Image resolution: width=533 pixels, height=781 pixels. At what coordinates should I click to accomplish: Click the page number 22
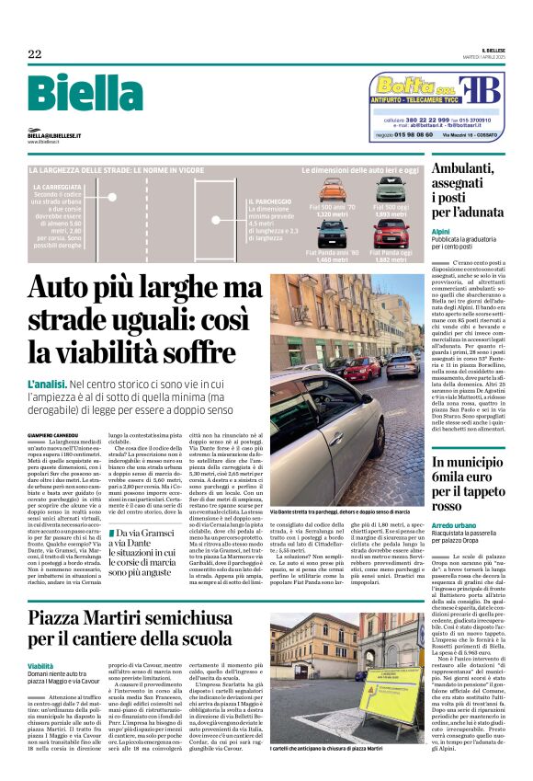pyautogui.click(x=34, y=54)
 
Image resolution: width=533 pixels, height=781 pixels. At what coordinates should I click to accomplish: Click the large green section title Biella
pyautogui.click(x=80, y=96)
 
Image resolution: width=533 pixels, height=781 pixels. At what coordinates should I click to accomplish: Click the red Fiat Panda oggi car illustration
pyautogui.click(x=391, y=233)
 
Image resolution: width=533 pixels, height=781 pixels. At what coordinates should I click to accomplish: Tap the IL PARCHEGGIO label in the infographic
pyautogui.click(x=267, y=201)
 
